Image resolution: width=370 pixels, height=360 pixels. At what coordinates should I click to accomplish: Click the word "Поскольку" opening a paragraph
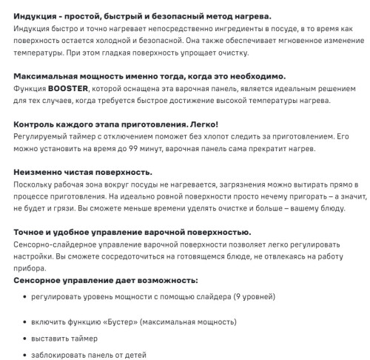coord(33,184)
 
